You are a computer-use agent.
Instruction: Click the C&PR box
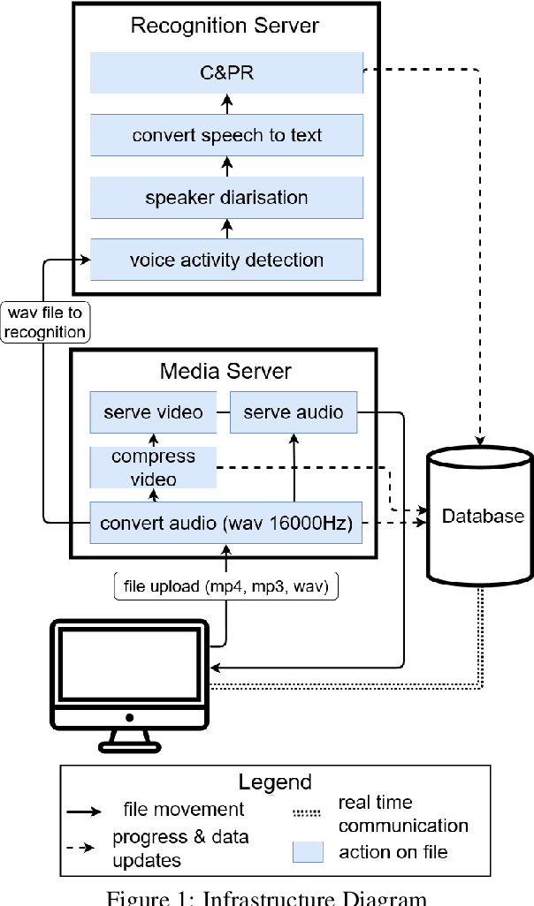pos(227,73)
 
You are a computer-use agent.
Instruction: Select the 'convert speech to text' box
pos(227,135)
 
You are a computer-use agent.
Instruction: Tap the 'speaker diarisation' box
pos(227,198)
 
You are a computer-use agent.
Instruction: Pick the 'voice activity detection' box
pos(227,260)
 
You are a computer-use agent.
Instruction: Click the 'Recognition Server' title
pos(225,25)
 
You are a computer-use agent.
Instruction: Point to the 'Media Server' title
pos(225,371)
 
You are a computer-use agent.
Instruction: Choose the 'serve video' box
pos(153,412)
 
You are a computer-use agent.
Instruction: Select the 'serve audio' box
pos(294,412)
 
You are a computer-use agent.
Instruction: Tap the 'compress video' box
pos(153,467)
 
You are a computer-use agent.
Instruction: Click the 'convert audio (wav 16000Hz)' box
pos(227,523)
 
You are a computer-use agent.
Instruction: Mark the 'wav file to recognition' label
pos(44,322)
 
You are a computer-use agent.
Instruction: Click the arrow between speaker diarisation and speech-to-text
pos(227,166)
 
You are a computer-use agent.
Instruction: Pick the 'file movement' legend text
pos(184,808)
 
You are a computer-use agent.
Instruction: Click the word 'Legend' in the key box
pos(275,781)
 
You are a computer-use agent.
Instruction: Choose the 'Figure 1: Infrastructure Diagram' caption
pos(266,897)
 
